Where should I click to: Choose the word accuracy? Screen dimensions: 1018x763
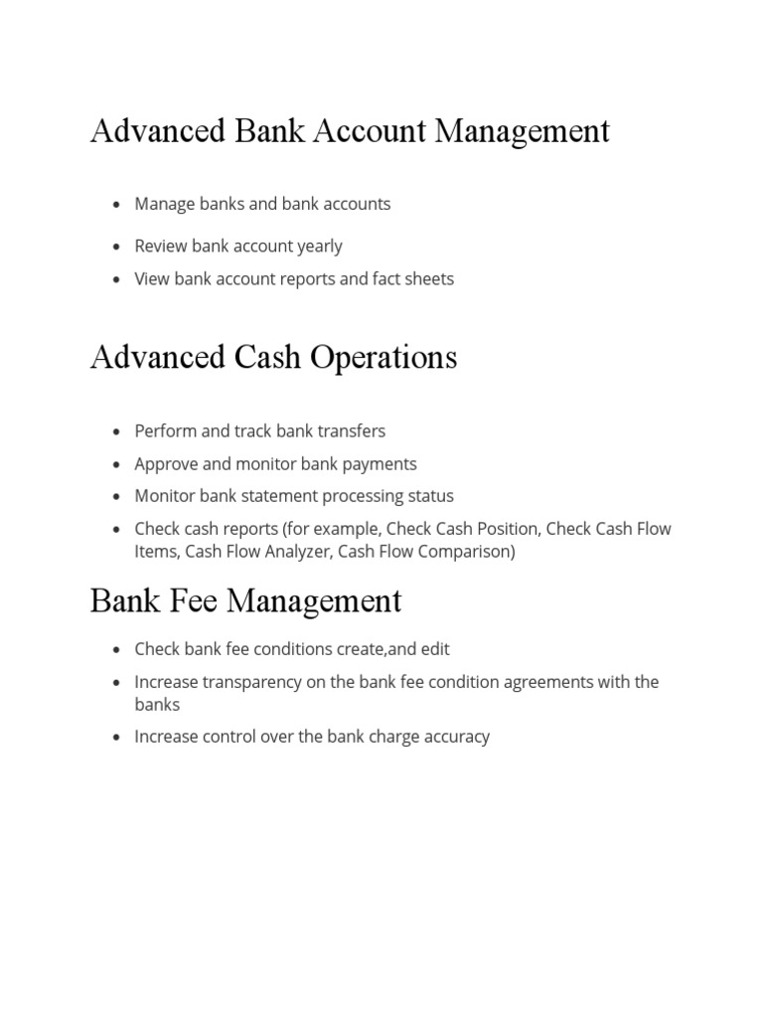click(x=453, y=737)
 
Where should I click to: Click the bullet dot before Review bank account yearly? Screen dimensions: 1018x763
click(x=116, y=247)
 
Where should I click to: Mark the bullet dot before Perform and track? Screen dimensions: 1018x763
click(x=116, y=431)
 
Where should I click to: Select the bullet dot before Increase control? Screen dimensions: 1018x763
click(x=116, y=738)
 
